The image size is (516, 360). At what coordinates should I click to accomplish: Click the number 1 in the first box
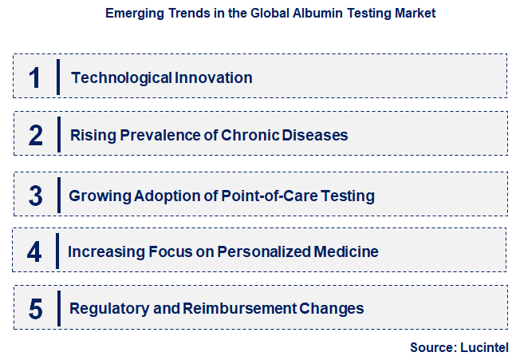tap(34, 77)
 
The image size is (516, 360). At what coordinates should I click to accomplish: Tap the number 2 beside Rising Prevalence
tap(35, 135)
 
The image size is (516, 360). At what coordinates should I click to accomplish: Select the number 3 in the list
tap(35, 195)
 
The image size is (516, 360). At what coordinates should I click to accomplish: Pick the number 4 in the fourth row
tap(34, 252)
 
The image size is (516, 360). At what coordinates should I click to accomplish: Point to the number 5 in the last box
tap(35, 308)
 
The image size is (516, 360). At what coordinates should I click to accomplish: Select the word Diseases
tap(316, 135)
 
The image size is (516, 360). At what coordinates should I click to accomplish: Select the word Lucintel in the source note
tap(483, 347)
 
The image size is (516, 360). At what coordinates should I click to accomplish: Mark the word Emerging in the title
tap(133, 14)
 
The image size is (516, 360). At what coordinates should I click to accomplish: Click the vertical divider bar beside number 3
tap(58, 195)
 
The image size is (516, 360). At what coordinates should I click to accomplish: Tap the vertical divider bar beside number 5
tap(58, 308)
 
